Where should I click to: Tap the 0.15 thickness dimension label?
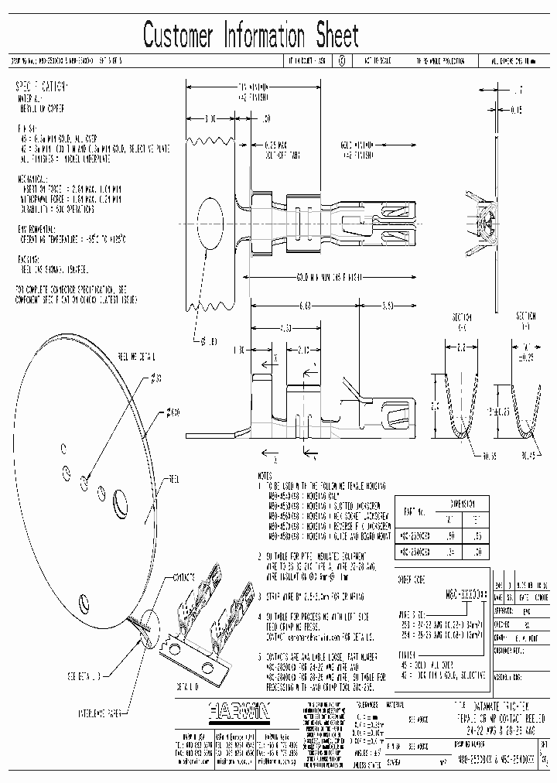click(516, 110)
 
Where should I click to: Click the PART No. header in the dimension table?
click(416, 511)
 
